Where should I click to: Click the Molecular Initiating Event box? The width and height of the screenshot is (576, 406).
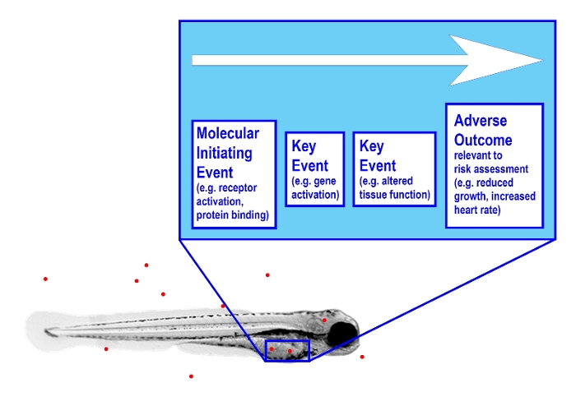pyautogui.click(x=233, y=173)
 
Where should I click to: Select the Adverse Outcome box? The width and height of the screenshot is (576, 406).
pyautogui.click(x=494, y=164)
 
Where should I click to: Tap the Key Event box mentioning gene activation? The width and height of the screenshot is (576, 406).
pyautogui.click(x=314, y=168)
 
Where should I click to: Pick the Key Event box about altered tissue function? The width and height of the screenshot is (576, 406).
pyautogui.click(x=393, y=168)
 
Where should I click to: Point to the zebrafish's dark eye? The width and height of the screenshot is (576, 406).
pyautogui.click(x=343, y=333)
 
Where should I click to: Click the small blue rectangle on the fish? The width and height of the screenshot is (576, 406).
pyautogui.click(x=286, y=350)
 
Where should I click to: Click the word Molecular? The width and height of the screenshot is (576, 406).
pyautogui.click(x=227, y=133)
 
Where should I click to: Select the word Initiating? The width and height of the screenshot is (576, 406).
pyautogui.click(x=224, y=153)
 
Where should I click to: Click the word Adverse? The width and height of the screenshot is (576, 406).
pyautogui.click(x=481, y=121)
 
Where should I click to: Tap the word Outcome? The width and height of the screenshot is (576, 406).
pyautogui.click(x=483, y=140)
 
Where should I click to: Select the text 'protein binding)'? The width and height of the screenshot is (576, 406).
pyautogui.click(x=231, y=215)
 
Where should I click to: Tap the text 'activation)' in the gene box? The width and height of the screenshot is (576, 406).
pyautogui.click(x=315, y=196)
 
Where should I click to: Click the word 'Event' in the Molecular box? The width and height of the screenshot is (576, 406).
pyautogui.click(x=215, y=173)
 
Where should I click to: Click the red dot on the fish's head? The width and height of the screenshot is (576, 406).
pyautogui.click(x=324, y=320)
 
